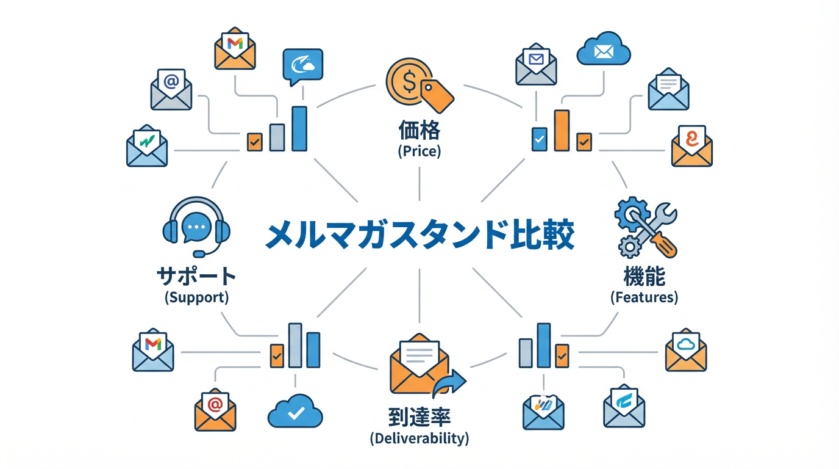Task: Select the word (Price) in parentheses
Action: pyautogui.click(x=419, y=151)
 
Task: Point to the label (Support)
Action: pyautogui.click(x=196, y=298)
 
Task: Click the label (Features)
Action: pyautogui.click(x=644, y=297)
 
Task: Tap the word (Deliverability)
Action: pyautogui.click(x=419, y=438)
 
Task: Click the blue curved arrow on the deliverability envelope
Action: pyautogui.click(x=450, y=383)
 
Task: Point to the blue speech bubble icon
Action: pyautogui.click(x=303, y=66)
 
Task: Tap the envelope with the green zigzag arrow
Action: pyautogui.click(x=146, y=147)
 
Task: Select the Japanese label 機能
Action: pyautogui.click(x=644, y=277)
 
